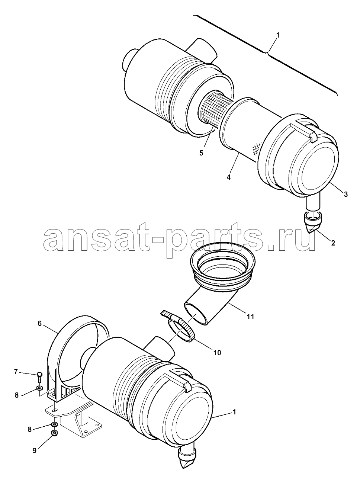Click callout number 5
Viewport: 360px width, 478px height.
click(x=201, y=153)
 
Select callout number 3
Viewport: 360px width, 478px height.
click(x=346, y=194)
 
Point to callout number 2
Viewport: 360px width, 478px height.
click(x=333, y=243)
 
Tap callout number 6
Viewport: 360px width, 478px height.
click(x=39, y=330)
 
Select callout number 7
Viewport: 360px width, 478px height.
click(x=16, y=372)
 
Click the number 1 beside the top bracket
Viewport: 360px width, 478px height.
click(x=278, y=35)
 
